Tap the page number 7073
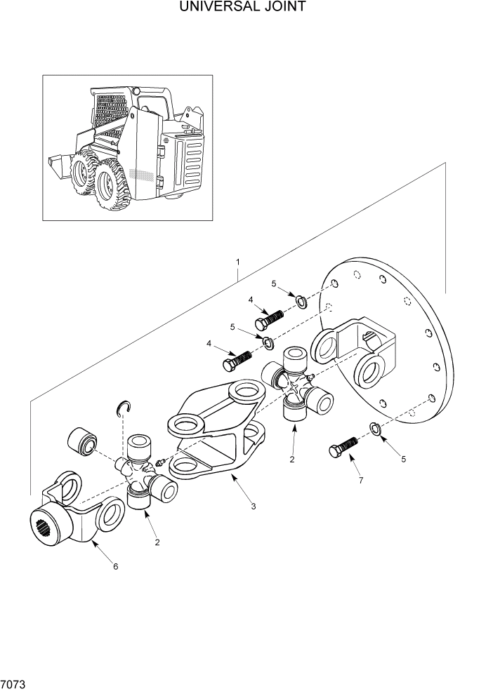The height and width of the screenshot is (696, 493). [x=13, y=683]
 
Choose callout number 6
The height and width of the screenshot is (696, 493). [x=116, y=567]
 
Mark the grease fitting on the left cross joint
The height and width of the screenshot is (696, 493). [x=162, y=461]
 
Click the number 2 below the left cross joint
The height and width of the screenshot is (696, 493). [x=157, y=542]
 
